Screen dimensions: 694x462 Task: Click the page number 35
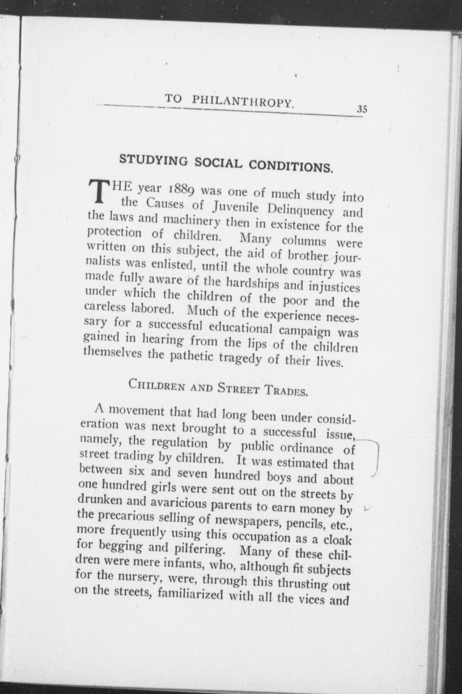[x=362, y=109]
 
